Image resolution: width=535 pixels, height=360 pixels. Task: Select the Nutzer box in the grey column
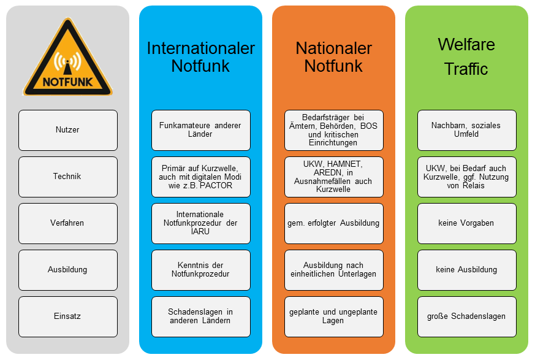[x=67, y=130]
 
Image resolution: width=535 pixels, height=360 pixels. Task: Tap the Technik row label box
[x=67, y=177]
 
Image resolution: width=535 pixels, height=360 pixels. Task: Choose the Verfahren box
[x=67, y=223]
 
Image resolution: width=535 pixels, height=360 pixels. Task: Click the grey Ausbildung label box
[x=67, y=270]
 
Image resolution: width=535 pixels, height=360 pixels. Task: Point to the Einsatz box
[x=67, y=316]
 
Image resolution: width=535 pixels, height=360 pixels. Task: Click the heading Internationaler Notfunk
[x=200, y=57]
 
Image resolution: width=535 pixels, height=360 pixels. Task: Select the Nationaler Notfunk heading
[x=333, y=57]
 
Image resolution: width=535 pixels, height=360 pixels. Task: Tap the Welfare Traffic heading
[x=466, y=57]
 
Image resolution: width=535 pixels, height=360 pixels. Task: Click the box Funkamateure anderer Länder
[x=200, y=130]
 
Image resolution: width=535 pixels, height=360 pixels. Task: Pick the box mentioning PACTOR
[x=200, y=177]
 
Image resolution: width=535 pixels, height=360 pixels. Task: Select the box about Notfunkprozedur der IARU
[x=200, y=223]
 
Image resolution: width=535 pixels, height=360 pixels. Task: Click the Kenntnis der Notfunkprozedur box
[x=200, y=270]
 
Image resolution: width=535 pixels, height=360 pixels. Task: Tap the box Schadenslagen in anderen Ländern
[x=200, y=316]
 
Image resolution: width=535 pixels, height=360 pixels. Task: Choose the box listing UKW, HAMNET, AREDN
[x=333, y=177]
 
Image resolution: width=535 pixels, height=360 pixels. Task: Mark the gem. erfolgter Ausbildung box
[x=333, y=223]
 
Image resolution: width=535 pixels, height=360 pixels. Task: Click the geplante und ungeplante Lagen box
[x=333, y=316]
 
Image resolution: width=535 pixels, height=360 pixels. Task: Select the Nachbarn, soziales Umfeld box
[x=466, y=130]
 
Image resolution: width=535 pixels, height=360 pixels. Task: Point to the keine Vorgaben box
[x=466, y=223]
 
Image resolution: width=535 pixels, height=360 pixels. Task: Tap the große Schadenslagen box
[x=466, y=316]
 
